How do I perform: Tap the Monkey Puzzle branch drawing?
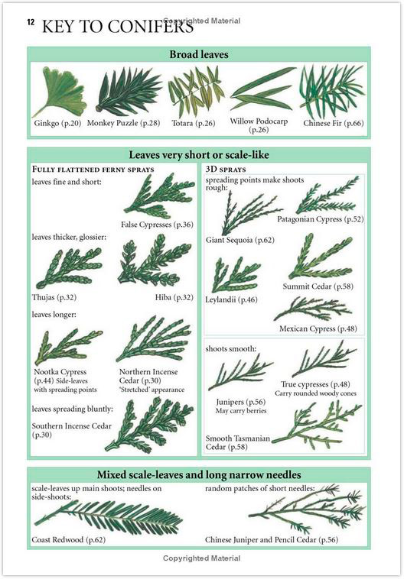click(x=128, y=92)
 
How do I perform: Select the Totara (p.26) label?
click(x=193, y=123)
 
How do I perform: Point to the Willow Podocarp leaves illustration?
click(x=262, y=89)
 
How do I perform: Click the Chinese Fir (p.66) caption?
click(x=334, y=123)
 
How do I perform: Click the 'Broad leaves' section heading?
click(x=199, y=55)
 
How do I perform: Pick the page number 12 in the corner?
click(x=31, y=22)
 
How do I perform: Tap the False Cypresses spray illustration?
click(x=159, y=196)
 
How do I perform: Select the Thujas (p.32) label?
click(x=54, y=297)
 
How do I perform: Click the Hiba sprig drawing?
click(x=155, y=261)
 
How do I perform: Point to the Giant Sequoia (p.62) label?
click(x=240, y=240)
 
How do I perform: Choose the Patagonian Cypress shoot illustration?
click(x=327, y=196)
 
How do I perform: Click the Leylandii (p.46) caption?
click(x=231, y=299)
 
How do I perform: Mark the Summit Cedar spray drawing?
click(x=320, y=257)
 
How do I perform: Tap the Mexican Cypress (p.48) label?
click(x=318, y=328)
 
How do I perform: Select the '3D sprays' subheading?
click(x=226, y=170)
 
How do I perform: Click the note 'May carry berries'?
click(x=241, y=411)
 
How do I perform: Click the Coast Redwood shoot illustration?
click(x=109, y=517)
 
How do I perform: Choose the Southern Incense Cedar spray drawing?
click(x=149, y=425)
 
